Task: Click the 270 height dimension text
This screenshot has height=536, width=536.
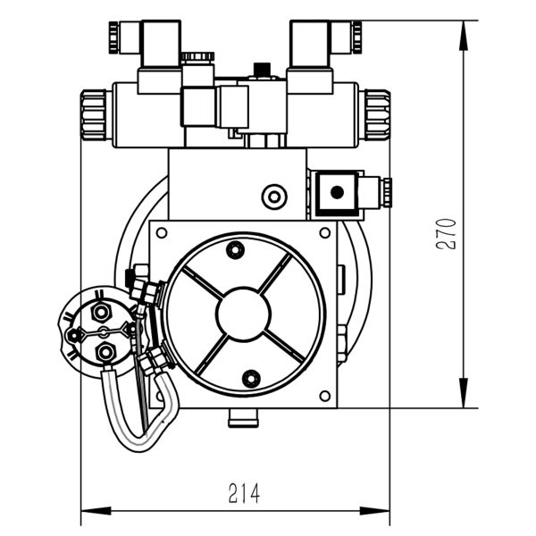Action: (448, 233)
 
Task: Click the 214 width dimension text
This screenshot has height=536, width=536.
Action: (243, 492)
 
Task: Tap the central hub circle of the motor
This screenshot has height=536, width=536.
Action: (243, 312)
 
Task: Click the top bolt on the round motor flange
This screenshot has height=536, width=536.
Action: (236, 249)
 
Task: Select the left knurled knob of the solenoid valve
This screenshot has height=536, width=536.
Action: (95, 115)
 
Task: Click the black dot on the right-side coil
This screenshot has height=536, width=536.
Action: (338, 191)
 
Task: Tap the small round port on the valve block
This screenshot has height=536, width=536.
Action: (272, 196)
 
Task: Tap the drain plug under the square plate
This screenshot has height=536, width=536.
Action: (242, 417)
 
